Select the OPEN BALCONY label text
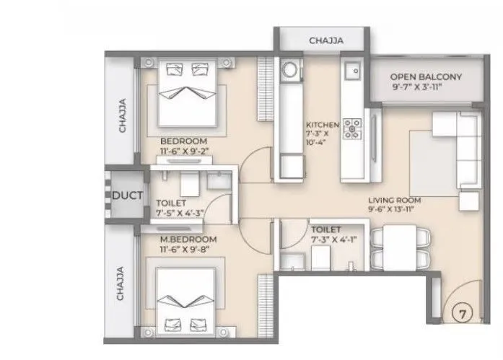click(x=426, y=77)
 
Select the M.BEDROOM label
click(x=185, y=237)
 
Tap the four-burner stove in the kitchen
click(x=353, y=128)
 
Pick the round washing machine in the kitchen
click(x=290, y=70)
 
